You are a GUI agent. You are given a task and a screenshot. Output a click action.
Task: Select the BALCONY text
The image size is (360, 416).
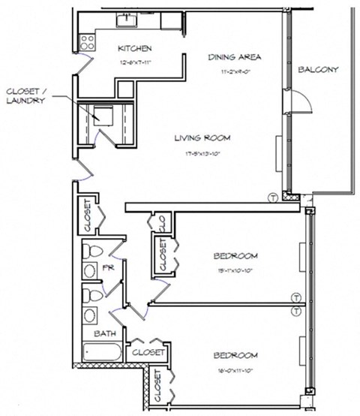click(318, 70)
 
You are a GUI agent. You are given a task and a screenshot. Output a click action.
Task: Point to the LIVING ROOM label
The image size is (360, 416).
click(202, 138)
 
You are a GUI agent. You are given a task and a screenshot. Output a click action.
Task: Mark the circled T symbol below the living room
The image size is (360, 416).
click(273, 197)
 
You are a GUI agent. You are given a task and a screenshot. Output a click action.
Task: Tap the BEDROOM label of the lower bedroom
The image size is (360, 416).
click(235, 355)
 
